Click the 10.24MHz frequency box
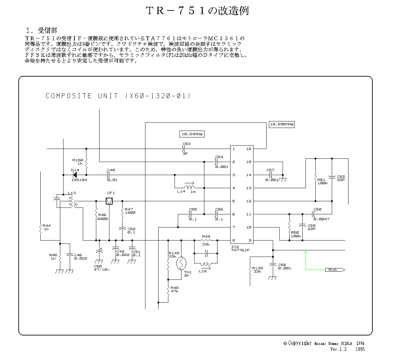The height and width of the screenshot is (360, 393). point(192,134)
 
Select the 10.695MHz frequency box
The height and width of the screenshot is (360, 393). point(282,124)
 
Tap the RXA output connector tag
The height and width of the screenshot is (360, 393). point(334,270)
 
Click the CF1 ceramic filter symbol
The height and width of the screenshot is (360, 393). point(109,201)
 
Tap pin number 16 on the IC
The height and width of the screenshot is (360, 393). point(249,149)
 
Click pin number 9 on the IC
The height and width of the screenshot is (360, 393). point(250,241)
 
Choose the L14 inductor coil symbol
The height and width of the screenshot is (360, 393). point(189,187)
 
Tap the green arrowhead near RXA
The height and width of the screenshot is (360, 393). point(306,252)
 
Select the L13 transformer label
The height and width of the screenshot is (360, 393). point(71,193)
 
